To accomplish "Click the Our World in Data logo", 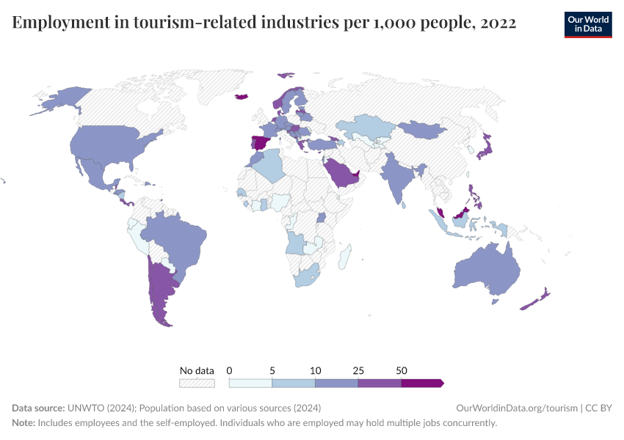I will click(587, 23).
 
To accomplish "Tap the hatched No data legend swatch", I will click(197, 383).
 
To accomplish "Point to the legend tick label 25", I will click(358, 370).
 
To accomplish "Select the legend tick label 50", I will click(402, 370).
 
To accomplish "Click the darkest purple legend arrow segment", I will click(422, 383).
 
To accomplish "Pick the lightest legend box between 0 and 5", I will click(250, 383).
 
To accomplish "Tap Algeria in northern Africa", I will click(270, 164).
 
